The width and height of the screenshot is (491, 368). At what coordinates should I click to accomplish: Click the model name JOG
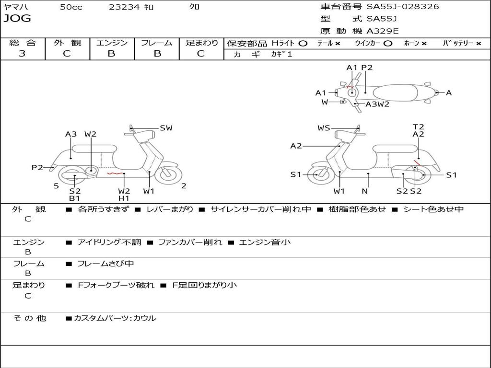(17, 19)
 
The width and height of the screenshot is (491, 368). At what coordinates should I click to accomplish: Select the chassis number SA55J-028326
(403, 7)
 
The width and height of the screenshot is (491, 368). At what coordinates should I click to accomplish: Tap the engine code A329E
(382, 31)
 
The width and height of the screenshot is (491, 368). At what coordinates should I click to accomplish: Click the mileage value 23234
(124, 7)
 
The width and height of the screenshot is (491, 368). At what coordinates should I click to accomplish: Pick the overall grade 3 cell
(22, 54)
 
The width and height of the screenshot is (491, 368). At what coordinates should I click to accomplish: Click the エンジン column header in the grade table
(112, 43)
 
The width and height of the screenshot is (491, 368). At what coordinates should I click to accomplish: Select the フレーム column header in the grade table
(156, 43)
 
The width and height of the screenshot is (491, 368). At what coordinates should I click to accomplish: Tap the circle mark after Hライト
(303, 43)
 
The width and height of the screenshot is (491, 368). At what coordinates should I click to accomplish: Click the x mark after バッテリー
(478, 44)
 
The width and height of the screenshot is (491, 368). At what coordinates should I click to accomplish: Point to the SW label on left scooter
(166, 128)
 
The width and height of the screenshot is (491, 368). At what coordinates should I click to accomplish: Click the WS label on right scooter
(324, 128)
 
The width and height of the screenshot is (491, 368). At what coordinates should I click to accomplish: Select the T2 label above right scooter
(418, 127)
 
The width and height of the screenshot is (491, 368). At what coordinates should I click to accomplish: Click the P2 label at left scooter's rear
(37, 167)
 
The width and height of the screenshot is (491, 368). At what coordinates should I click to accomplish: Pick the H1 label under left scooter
(124, 198)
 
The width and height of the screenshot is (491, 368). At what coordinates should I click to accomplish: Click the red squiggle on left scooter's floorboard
(113, 173)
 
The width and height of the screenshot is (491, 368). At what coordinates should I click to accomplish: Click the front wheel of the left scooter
(166, 174)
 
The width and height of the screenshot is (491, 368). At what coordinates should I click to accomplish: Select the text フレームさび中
(105, 264)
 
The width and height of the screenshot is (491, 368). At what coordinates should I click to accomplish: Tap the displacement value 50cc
(71, 7)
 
